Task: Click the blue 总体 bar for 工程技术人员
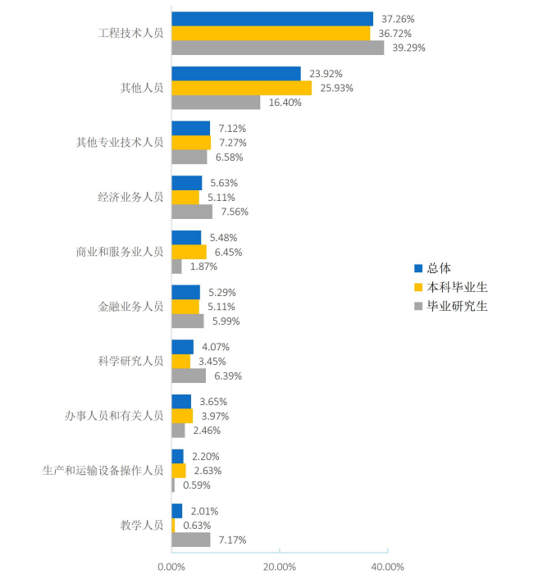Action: (272, 19)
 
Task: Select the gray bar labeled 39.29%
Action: (277, 48)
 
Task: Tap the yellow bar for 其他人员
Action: (241, 88)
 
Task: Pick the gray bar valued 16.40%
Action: (216, 103)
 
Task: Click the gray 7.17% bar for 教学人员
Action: (190, 540)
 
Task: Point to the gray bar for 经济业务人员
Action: (192, 212)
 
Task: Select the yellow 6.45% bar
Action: (189, 252)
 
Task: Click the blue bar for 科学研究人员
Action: (182, 347)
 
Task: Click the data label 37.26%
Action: (398, 19)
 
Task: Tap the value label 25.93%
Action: (337, 88)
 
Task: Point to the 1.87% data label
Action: (203, 267)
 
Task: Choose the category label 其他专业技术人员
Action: (120, 143)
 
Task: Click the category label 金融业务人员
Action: (130, 307)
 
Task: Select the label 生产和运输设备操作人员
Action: (103, 471)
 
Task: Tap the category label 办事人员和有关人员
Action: (114, 416)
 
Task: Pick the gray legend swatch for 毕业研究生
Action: (418, 307)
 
